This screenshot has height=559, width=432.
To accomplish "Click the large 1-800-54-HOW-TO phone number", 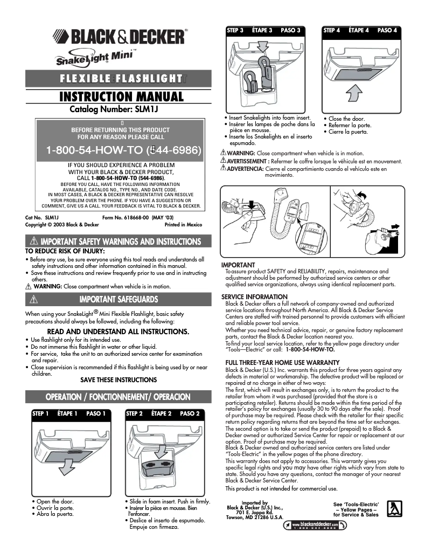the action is pos(123,150).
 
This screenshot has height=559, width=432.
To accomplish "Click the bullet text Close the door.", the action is pos(346,119).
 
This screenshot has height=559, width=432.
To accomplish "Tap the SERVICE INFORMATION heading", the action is pos(254,297).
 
